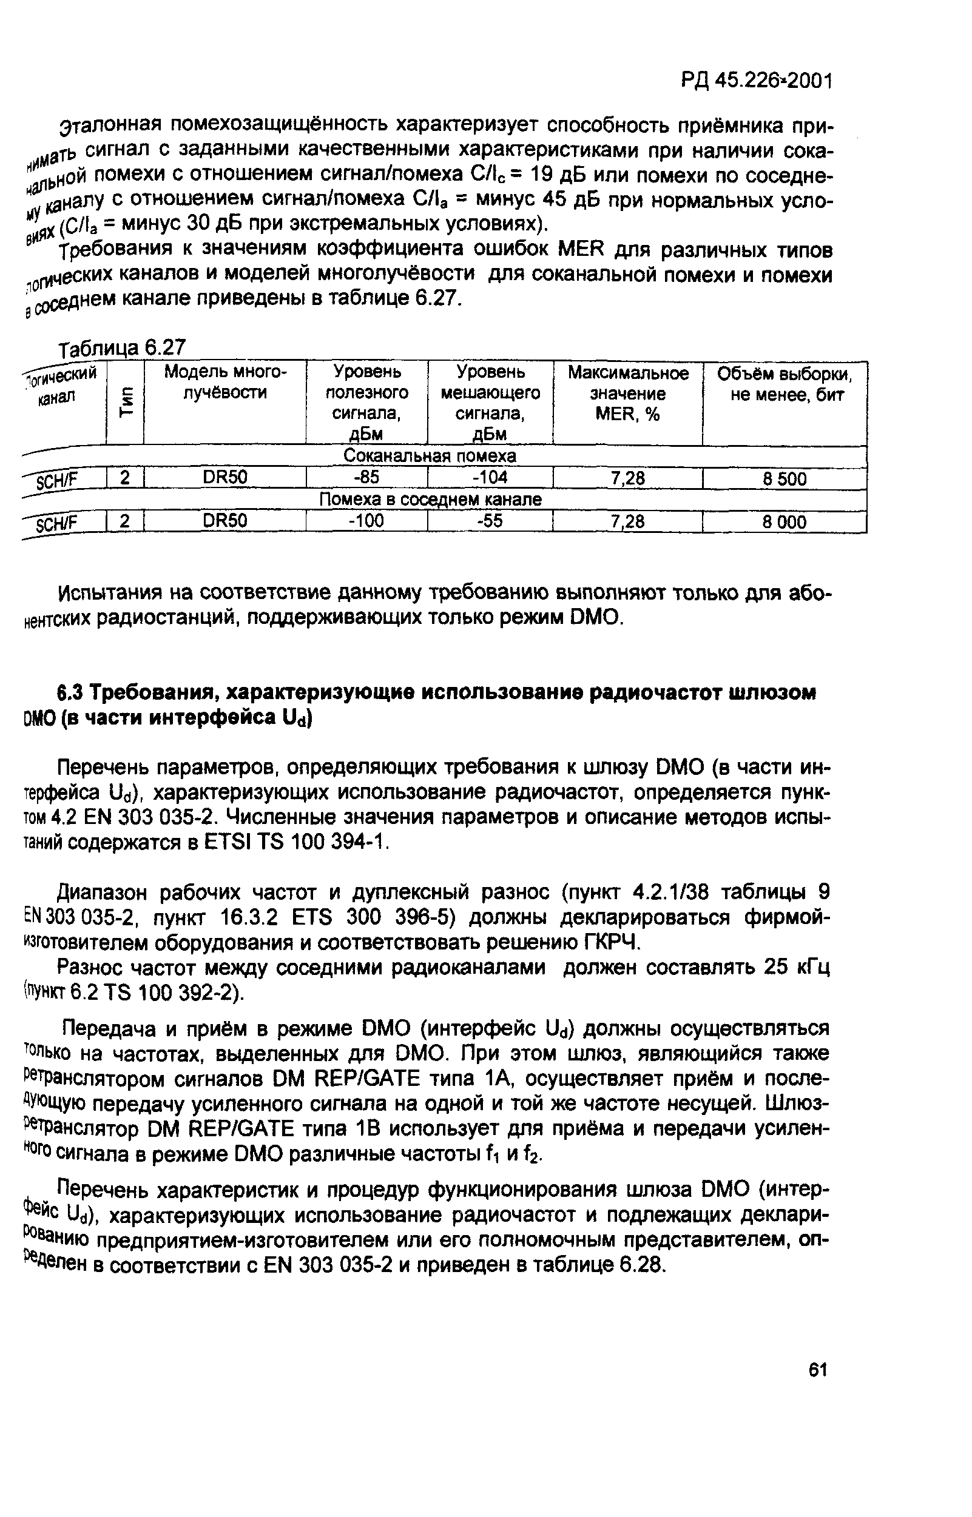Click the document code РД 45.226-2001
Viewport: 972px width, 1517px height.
pyautogui.click(x=757, y=81)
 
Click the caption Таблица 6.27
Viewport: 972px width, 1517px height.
pyautogui.click(x=123, y=347)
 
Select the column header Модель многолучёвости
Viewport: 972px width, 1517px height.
pyautogui.click(x=225, y=382)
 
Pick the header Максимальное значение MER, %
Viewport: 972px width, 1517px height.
pyautogui.click(x=627, y=393)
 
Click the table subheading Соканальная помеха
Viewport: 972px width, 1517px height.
pyautogui.click(x=429, y=455)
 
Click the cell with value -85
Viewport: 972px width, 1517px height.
pyautogui.click(x=366, y=478)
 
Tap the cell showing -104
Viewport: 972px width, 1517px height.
pyautogui.click(x=490, y=478)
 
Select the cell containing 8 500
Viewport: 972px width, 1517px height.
pyautogui.click(x=784, y=479)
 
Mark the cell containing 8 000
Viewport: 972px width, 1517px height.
pyautogui.click(x=784, y=521)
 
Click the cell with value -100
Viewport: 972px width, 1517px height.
pyautogui.click(x=366, y=521)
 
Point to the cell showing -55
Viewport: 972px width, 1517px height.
pyautogui.click(x=490, y=521)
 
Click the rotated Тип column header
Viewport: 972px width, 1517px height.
pyautogui.click(x=126, y=402)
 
